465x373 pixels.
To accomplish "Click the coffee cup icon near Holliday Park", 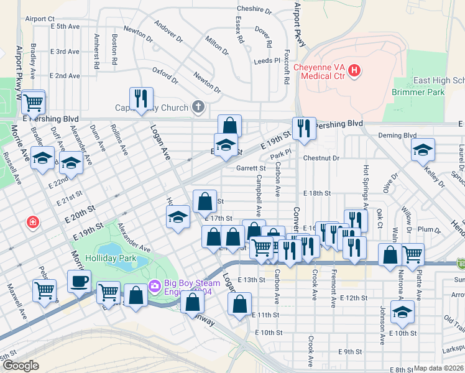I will (x=79, y=281).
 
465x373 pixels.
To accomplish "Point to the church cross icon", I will (x=198, y=107).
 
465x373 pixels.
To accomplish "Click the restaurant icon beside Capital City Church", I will (x=141, y=98).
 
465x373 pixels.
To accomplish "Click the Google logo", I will (x=21, y=366).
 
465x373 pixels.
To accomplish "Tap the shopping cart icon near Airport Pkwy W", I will (x=32, y=101).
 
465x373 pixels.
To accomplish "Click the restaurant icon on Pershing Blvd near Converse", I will (x=304, y=128).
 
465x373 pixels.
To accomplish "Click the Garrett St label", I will (x=251, y=168).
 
